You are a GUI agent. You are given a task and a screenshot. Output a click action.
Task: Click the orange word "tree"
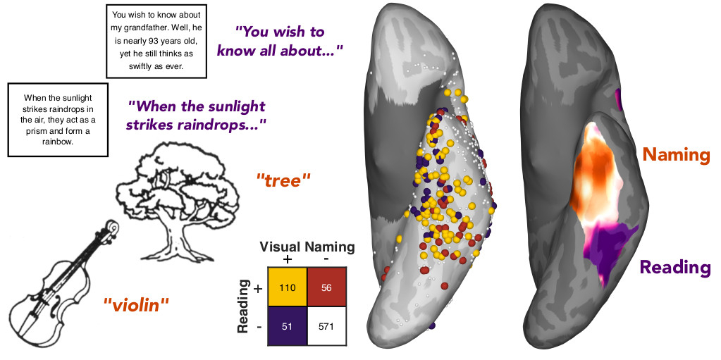pyautogui.click(x=283, y=180)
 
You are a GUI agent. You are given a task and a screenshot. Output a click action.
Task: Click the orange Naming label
pyautogui.click(x=674, y=155)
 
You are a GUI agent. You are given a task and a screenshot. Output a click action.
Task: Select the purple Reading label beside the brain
pyautogui.click(x=675, y=267)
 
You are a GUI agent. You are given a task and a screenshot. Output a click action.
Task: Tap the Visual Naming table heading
pyautogui.click(x=307, y=247)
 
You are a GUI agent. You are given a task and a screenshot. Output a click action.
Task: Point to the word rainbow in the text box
pyautogui.click(x=58, y=141)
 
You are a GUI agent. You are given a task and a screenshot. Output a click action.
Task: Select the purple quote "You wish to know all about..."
pyautogui.click(x=280, y=41)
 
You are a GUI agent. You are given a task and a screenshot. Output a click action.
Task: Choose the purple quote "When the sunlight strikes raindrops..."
pyautogui.click(x=197, y=115)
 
